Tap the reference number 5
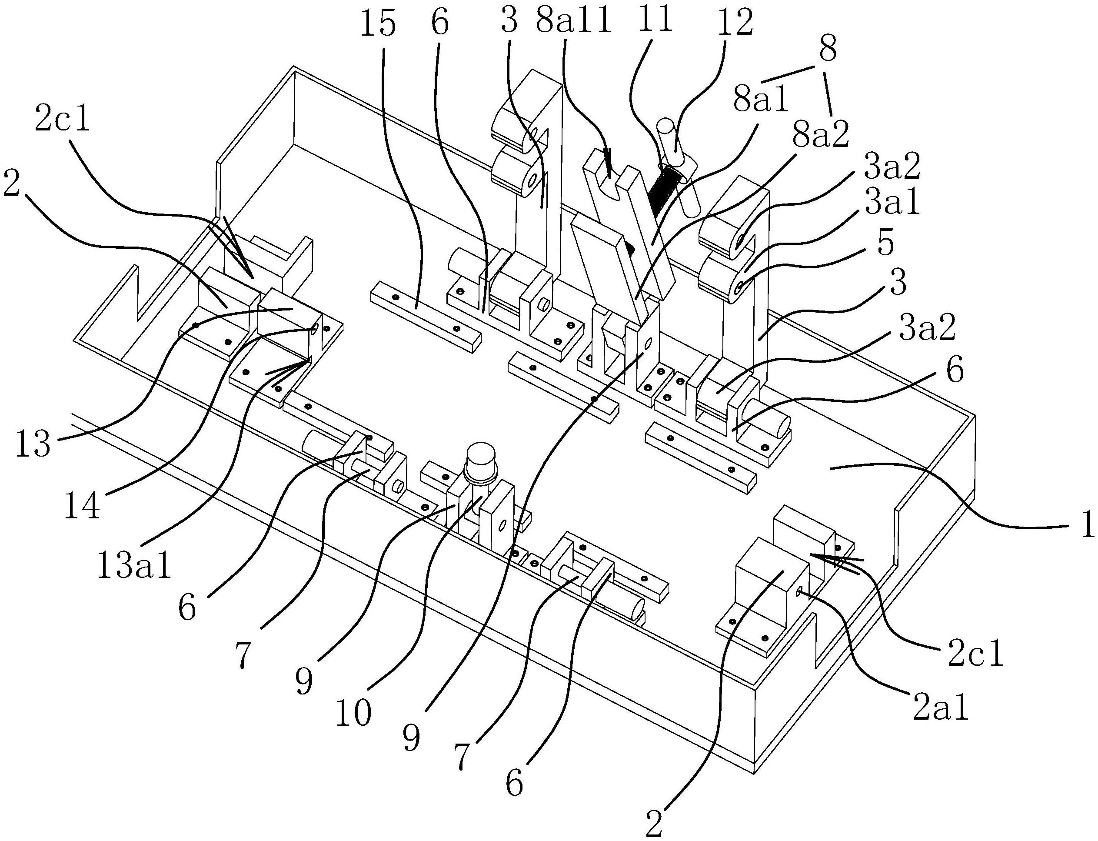pos(886,244)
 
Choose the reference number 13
pos(33,444)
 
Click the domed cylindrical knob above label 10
pos(480,460)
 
